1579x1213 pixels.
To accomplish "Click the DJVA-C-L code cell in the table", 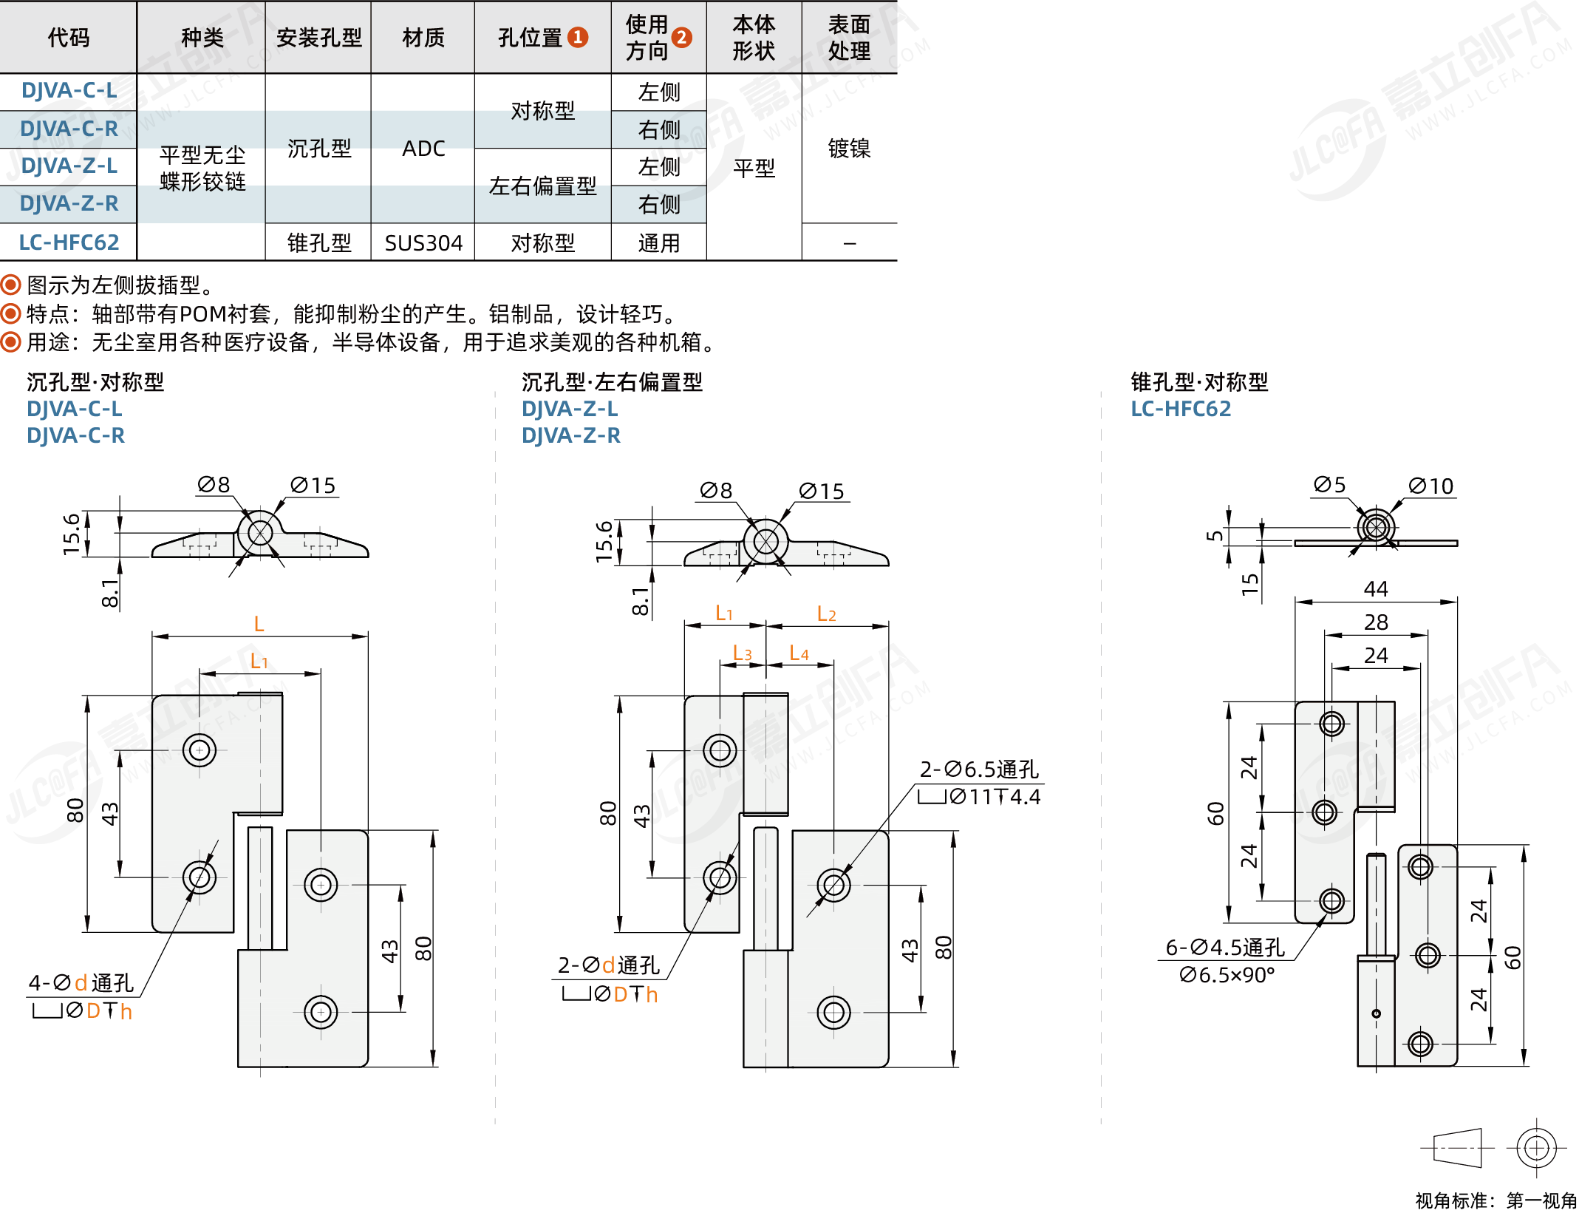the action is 69,91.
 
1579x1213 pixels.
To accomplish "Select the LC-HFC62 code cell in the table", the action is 69,242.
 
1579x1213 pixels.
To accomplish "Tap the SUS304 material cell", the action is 423,243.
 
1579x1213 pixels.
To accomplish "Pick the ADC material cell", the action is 423,149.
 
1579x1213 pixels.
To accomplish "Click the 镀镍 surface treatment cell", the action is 849,149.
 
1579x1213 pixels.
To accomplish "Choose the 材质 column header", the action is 423,37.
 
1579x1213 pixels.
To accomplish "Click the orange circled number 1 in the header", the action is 578,37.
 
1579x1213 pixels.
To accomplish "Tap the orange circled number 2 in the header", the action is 682,37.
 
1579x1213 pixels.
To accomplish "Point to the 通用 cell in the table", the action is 659,243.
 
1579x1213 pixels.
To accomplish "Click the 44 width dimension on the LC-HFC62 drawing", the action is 1376,589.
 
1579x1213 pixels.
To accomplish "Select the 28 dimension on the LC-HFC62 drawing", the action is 1376,622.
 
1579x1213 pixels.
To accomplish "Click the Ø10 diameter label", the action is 1431,486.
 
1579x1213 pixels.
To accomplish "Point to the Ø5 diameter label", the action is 1330,485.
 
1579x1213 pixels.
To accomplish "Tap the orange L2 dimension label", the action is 826,614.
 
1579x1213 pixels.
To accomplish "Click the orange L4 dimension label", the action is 799,653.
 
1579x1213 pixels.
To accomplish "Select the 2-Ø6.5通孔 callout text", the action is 979,769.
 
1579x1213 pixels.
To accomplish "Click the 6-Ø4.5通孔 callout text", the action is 1225,948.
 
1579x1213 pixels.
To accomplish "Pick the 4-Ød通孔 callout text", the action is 81,982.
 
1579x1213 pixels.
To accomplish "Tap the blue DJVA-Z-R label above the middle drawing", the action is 571,435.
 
